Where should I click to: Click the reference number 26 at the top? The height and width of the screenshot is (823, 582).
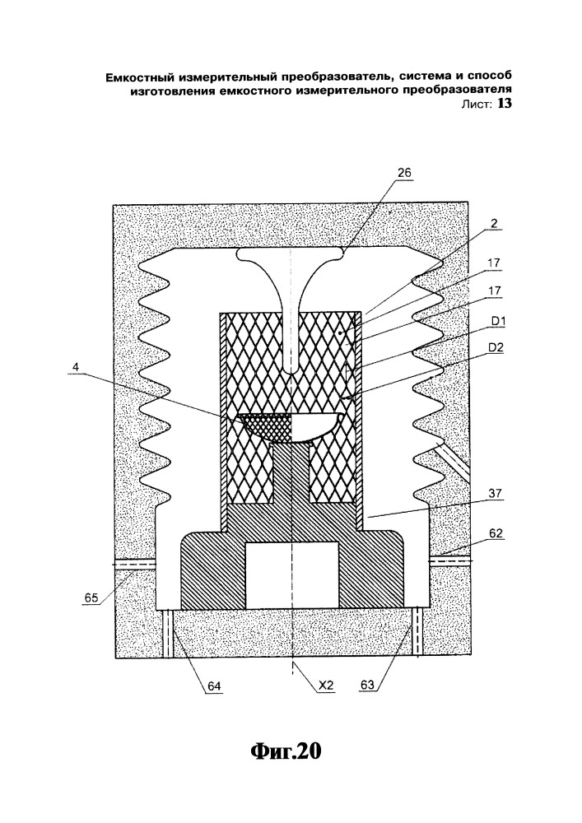(403, 173)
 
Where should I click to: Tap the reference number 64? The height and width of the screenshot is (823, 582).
(215, 684)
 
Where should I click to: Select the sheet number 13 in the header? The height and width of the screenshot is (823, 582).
(503, 105)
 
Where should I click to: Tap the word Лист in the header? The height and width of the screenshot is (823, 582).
(477, 105)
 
